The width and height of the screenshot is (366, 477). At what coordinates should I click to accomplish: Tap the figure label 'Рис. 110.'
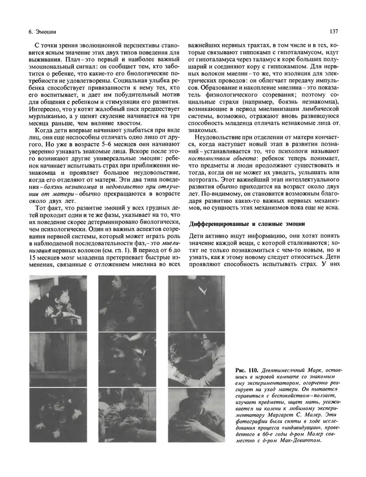tap(248, 370)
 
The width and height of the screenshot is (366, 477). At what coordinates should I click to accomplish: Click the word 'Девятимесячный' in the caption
tap(287, 370)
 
